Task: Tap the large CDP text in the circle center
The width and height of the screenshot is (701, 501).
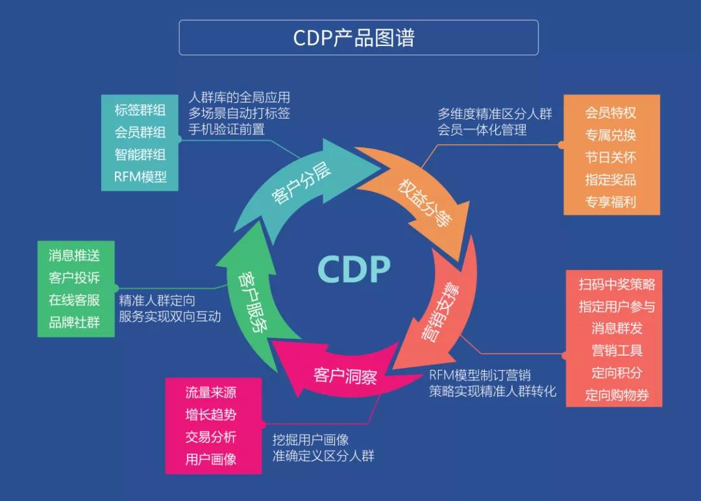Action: click(x=354, y=269)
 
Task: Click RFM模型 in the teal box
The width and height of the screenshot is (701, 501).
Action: click(x=140, y=177)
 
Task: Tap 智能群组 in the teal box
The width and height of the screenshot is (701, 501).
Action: click(x=140, y=154)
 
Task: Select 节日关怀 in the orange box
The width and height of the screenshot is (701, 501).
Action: click(x=610, y=157)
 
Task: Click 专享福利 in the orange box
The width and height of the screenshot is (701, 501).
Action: click(x=610, y=201)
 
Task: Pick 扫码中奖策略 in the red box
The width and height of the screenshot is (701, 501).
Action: click(x=617, y=284)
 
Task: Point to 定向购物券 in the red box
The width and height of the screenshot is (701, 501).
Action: click(x=617, y=395)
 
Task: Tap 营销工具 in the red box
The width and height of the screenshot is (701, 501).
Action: click(x=617, y=350)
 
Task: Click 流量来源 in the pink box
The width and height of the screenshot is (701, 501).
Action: click(x=211, y=393)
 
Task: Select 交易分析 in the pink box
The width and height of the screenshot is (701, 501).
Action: click(x=211, y=437)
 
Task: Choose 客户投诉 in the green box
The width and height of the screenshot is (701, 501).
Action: click(x=75, y=278)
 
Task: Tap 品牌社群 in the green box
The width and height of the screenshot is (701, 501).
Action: click(x=75, y=322)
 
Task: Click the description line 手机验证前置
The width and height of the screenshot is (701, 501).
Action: click(x=227, y=129)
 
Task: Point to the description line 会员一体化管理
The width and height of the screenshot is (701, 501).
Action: click(x=482, y=130)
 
